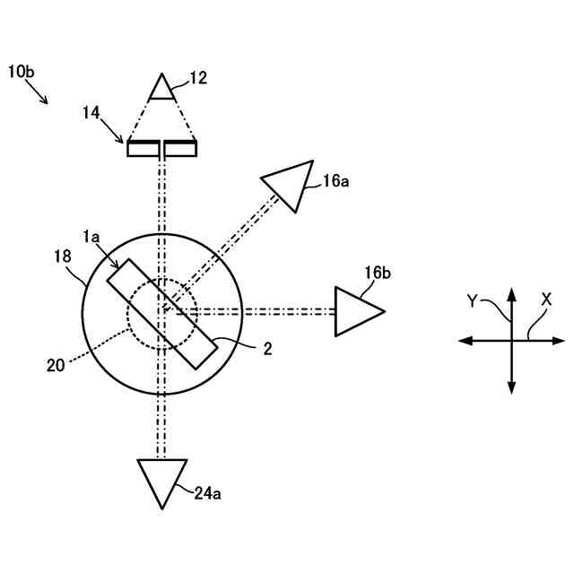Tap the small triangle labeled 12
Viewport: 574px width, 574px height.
[161, 88]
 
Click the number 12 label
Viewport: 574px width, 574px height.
[198, 78]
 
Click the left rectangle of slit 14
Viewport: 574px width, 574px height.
[141, 149]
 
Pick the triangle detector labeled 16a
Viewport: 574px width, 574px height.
[288, 184]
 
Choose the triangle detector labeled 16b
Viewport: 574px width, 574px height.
[356, 311]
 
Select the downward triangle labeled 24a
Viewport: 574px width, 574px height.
[161, 480]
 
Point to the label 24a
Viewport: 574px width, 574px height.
[209, 491]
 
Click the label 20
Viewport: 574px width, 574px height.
[57, 364]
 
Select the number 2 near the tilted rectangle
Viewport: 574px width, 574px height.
[267, 350]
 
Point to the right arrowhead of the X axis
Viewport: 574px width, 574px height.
[559, 341]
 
